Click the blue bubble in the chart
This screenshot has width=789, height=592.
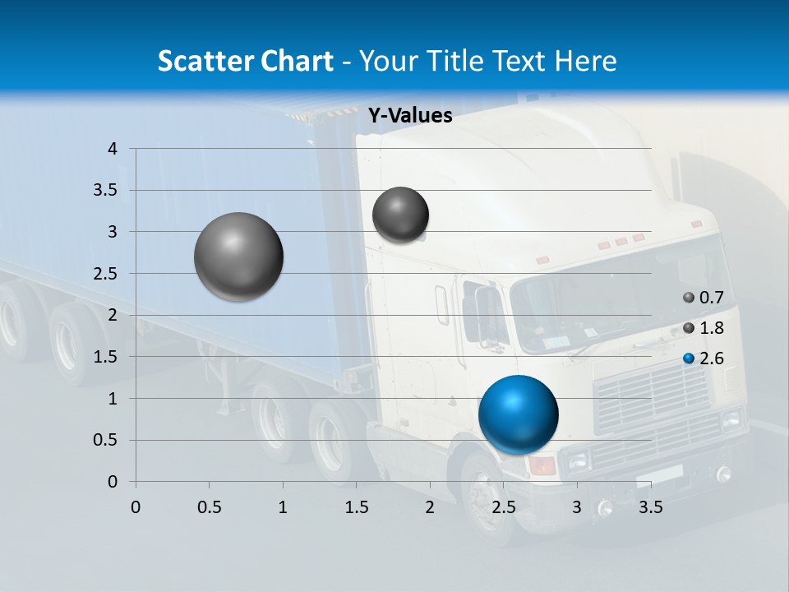(518, 414)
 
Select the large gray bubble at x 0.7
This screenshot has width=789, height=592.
(238, 257)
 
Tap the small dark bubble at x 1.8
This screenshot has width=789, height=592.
(400, 215)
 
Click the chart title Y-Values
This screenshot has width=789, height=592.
(409, 116)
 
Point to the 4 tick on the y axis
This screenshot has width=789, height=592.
(113, 149)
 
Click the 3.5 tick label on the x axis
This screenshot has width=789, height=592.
(650, 507)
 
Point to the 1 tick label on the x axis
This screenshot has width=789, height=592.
(283, 507)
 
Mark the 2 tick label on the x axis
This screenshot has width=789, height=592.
(429, 507)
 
